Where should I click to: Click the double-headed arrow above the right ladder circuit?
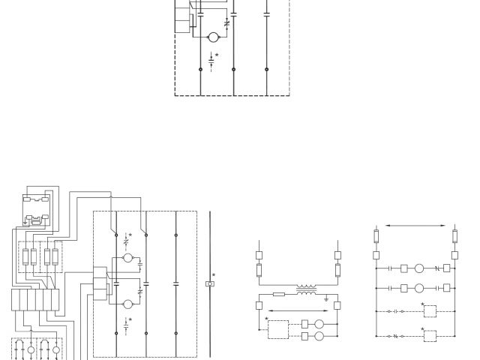pyautogui.click(x=415, y=225)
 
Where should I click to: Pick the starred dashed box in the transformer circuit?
pyautogui.click(x=277, y=330)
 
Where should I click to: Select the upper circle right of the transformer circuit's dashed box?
pyautogui.click(x=319, y=325)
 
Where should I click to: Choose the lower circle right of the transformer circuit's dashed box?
pyautogui.click(x=319, y=337)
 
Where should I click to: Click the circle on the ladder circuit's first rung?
pyautogui.click(x=420, y=267)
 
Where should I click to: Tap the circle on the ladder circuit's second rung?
pyautogui.click(x=420, y=288)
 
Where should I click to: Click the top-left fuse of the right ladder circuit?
pyautogui.click(x=376, y=238)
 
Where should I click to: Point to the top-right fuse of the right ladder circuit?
pyautogui.click(x=454, y=238)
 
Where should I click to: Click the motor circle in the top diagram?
pyautogui.click(x=212, y=37)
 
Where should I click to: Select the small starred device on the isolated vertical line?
pyautogui.click(x=210, y=284)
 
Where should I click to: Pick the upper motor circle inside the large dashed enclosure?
pyautogui.click(x=128, y=259)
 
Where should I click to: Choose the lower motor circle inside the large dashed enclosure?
pyautogui.click(x=128, y=304)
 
